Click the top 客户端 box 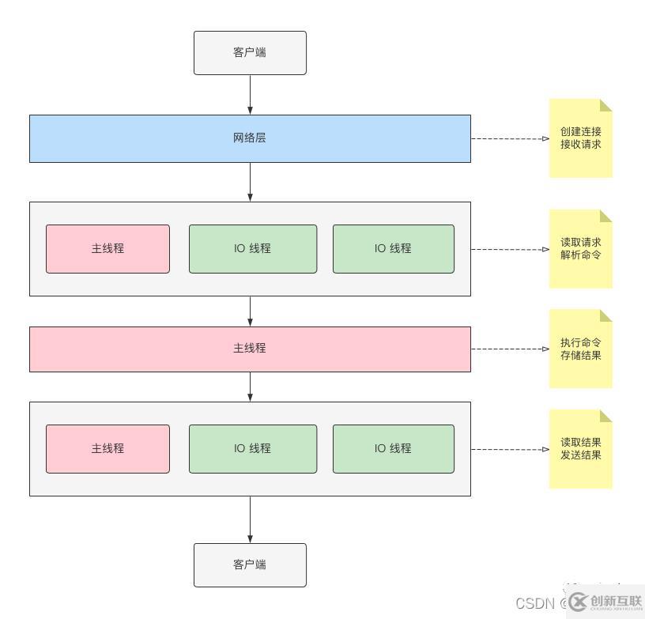click(250, 53)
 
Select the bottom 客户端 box click(250, 564)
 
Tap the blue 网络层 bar click(250, 138)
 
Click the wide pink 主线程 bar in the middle click(250, 349)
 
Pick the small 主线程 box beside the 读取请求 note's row click(107, 249)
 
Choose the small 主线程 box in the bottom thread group click(107, 449)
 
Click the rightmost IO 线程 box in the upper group click(393, 249)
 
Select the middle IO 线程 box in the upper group click(252, 249)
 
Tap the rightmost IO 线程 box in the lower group click(393, 449)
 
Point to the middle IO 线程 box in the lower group click(252, 449)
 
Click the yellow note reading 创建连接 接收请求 click(581, 138)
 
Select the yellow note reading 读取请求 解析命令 click(581, 249)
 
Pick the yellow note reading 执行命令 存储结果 click(581, 349)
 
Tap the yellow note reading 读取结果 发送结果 click(581, 449)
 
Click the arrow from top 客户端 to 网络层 click(250, 95)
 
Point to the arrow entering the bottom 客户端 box click(250, 519)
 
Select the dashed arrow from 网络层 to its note click(510, 138)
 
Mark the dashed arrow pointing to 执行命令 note click(510, 349)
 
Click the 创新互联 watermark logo click(605, 602)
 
